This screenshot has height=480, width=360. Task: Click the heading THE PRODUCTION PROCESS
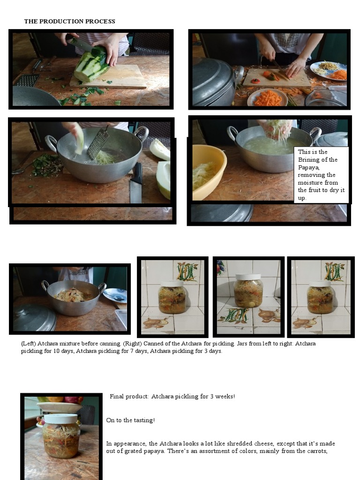pos(69,22)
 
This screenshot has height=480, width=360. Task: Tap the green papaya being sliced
pos(91,68)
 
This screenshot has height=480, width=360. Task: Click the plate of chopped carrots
pos(267,97)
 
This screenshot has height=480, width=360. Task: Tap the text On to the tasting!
pos(130,420)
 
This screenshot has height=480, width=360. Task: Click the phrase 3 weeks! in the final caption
pos(222,397)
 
